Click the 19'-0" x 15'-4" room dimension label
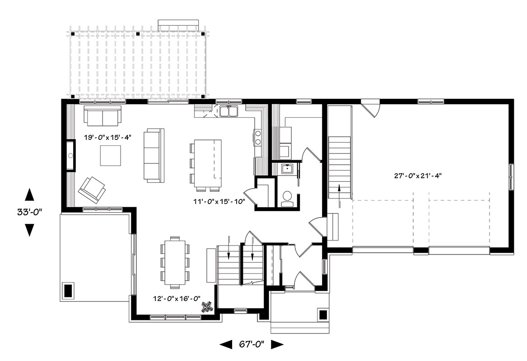click(x=107, y=137)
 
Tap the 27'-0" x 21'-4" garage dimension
click(x=418, y=175)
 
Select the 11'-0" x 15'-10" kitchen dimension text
click(x=219, y=202)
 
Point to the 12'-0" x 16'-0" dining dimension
click(x=177, y=298)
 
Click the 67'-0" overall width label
click(x=252, y=344)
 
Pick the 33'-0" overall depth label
click(x=30, y=212)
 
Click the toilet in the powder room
click(x=287, y=198)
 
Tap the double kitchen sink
click(x=229, y=111)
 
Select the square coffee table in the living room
click(x=111, y=155)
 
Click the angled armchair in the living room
click(x=92, y=190)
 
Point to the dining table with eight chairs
click(x=175, y=263)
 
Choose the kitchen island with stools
click(x=206, y=163)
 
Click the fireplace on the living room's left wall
click(x=70, y=155)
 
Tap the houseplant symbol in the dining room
click(x=207, y=307)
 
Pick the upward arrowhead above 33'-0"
click(x=30, y=194)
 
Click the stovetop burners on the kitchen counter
click(x=258, y=138)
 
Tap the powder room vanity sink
click(x=287, y=169)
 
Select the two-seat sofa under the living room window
click(x=102, y=116)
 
